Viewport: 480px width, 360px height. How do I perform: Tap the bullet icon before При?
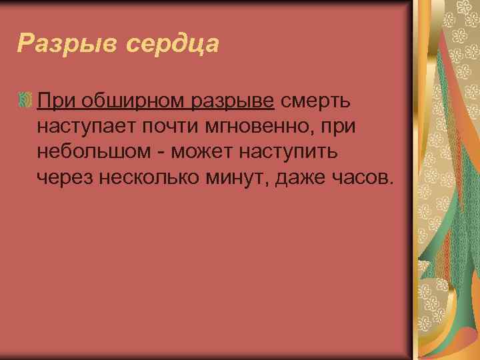26,101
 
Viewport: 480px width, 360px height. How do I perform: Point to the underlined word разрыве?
233,101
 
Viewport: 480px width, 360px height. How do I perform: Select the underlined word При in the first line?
56,101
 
